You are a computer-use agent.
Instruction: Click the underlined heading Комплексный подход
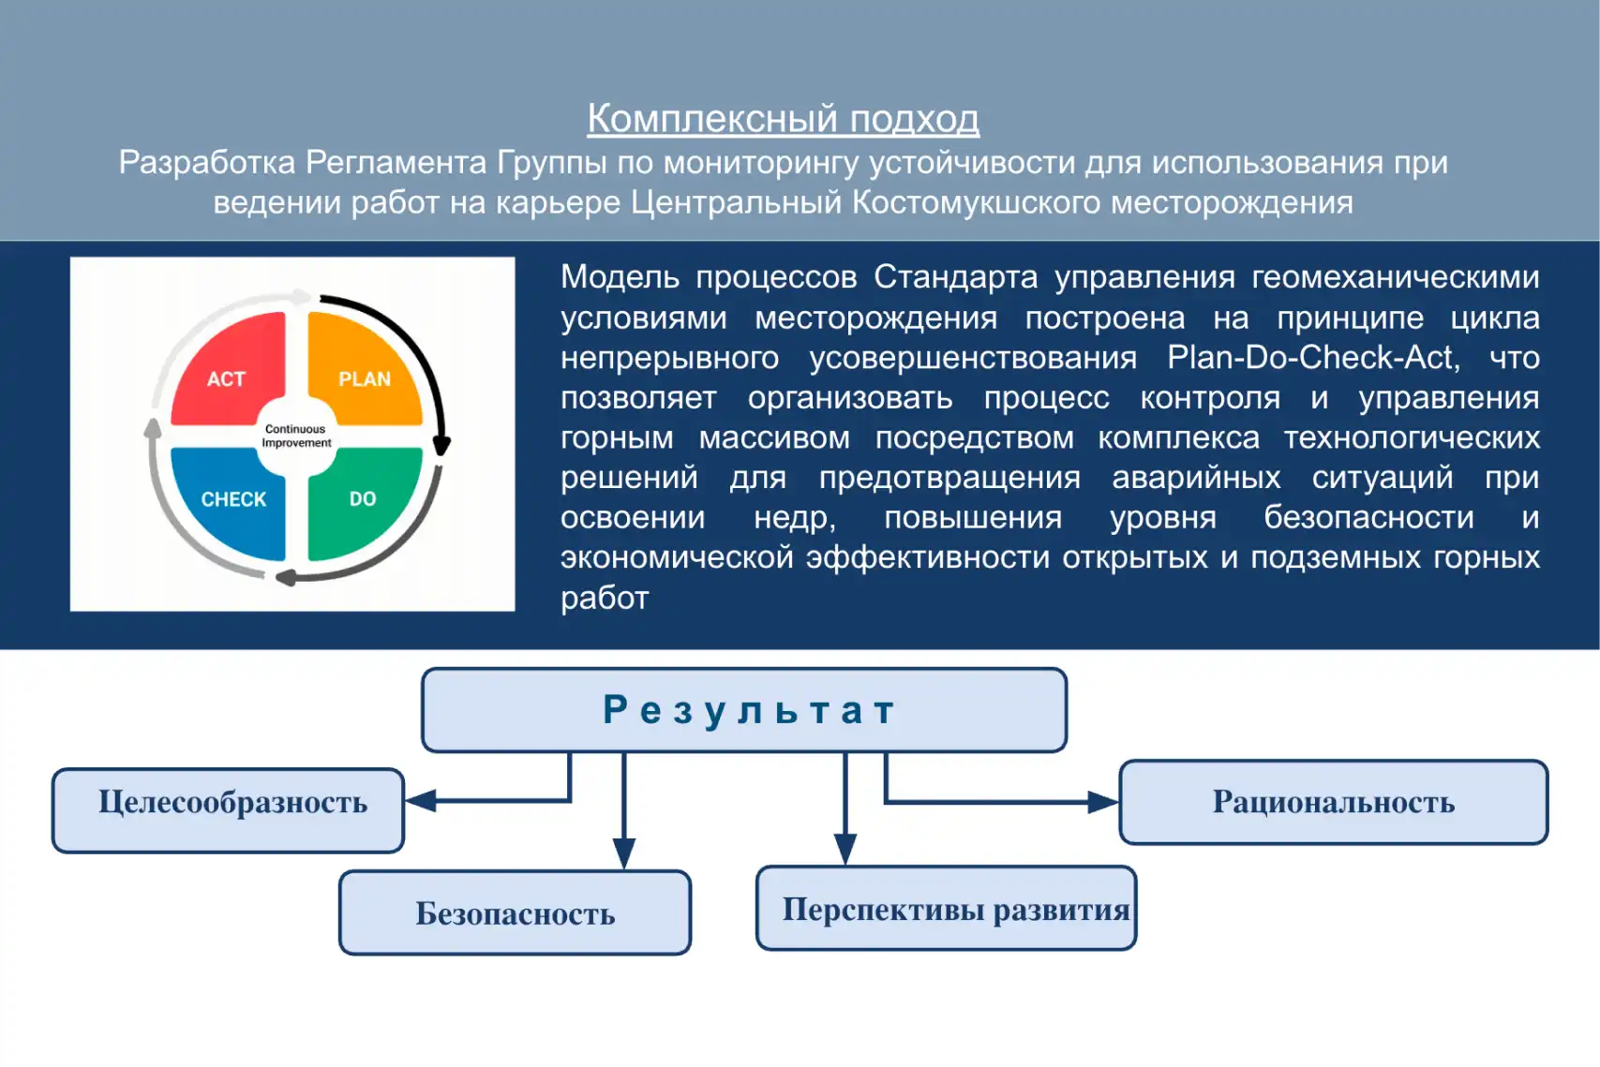pyautogui.click(x=783, y=119)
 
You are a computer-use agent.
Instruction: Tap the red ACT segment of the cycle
pyautogui.click(x=229, y=370)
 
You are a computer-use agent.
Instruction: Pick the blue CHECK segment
pyautogui.click(x=231, y=501)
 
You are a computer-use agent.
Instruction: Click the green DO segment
pyautogui.click(x=364, y=501)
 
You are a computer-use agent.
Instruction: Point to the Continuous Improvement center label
pyautogui.click(x=296, y=437)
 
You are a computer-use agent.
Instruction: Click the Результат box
pyautogui.click(x=744, y=710)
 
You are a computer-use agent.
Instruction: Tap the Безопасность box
pyautogui.click(x=515, y=912)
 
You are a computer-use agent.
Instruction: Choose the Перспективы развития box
pyautogui.click(x=947, y=908)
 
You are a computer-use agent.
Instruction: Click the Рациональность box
pyautogui.click(x=1333, y=802)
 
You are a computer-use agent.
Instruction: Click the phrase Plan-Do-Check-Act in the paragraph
pyautogui.click(x=1313, y=357)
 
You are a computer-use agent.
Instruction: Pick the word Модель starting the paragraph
pyautogui.click(x=620, y=277)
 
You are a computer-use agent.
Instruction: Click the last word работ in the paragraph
pyautogui.click(x=605, y=598)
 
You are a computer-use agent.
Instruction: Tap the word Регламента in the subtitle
pyautogui.click(x=396, y=163)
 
